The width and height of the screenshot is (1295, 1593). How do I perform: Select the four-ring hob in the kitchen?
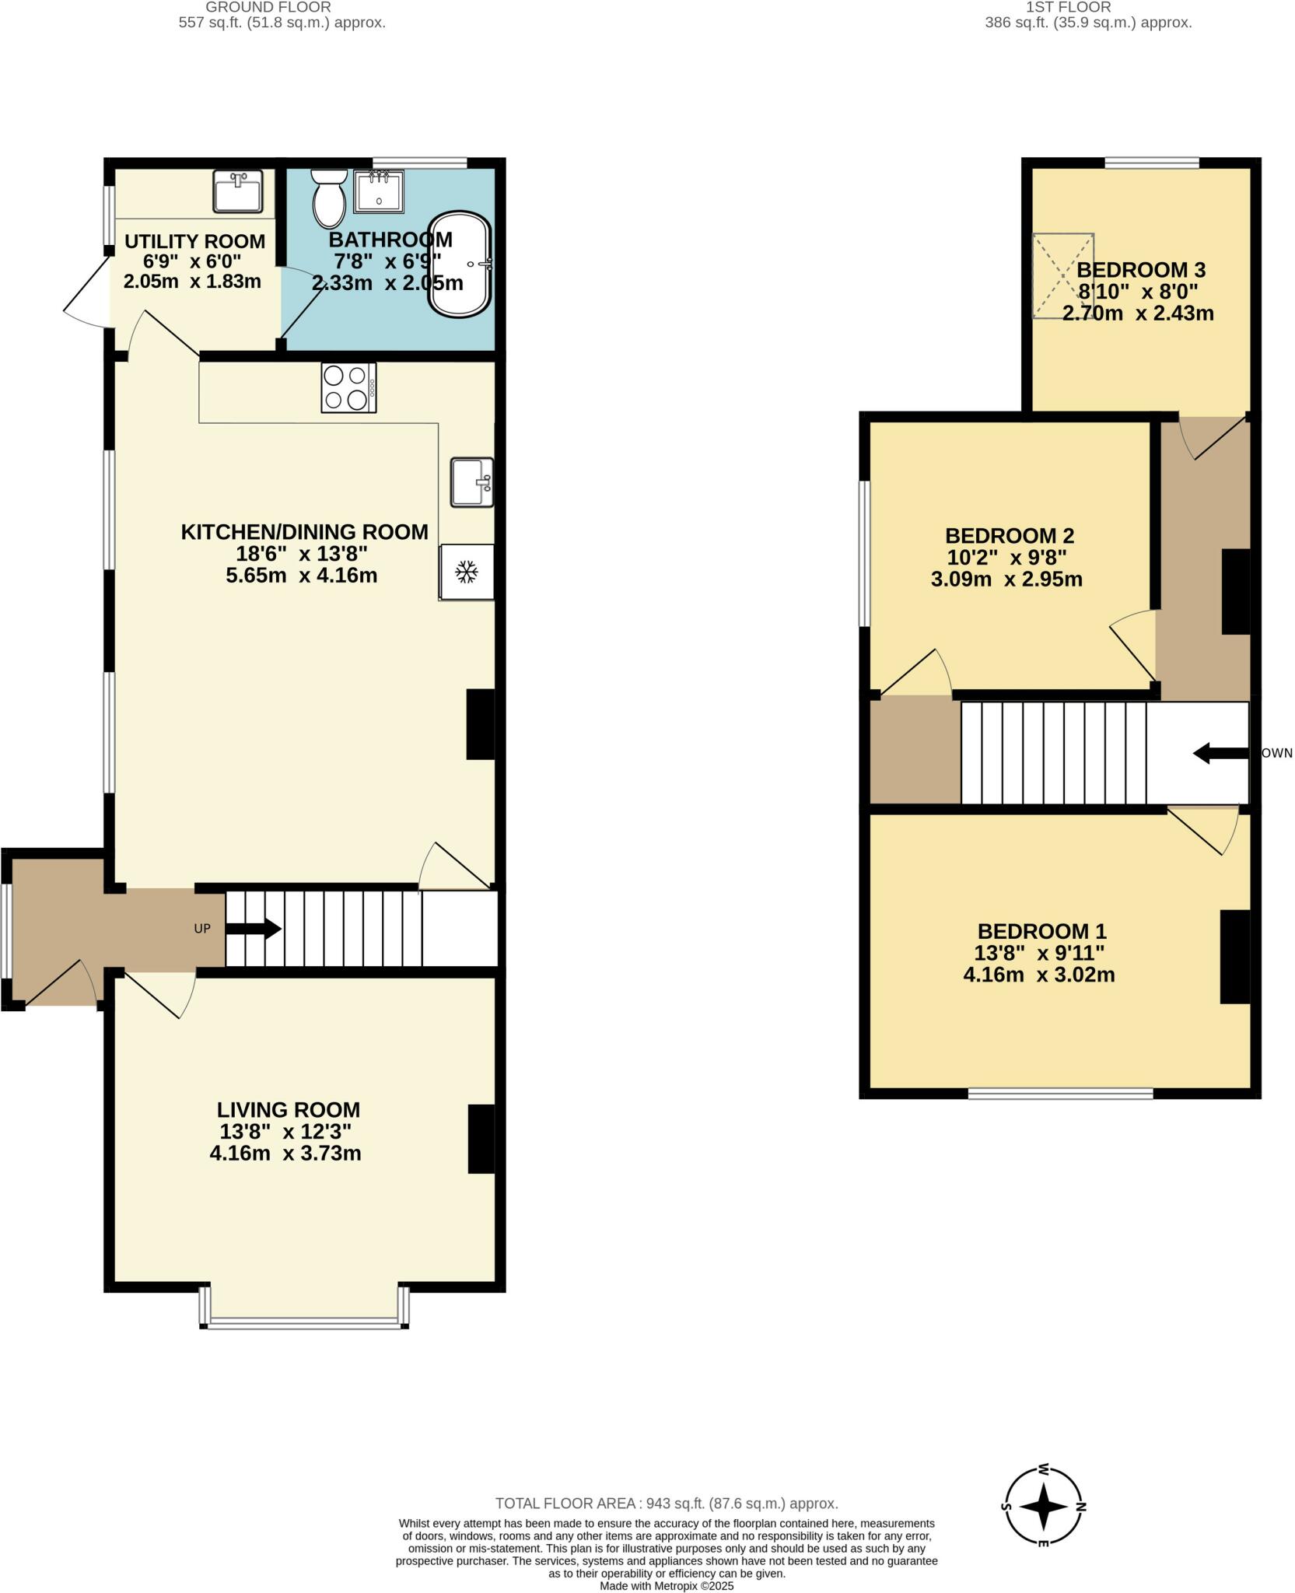point(348,387)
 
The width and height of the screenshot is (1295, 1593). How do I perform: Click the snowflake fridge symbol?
point(466,572)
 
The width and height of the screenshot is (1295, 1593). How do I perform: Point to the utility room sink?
point(238,191)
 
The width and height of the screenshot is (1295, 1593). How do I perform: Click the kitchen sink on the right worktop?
point(471,483)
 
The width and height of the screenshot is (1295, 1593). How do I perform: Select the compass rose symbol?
point(1044,1507)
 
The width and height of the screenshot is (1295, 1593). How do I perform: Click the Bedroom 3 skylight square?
point(1062,275)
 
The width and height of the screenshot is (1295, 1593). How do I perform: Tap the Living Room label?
point(288,1110)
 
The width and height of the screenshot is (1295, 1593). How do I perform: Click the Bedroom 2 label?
point(1009,536)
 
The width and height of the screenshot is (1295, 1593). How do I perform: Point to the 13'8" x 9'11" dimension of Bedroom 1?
point(1039,953)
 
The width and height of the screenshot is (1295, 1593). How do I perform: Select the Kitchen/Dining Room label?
point(304,532)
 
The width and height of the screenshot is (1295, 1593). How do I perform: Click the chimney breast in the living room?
point(481,1139)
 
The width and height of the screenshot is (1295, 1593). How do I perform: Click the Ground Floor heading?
point(268,7)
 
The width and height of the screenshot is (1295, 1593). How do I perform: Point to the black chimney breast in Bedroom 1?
point(1234,957)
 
